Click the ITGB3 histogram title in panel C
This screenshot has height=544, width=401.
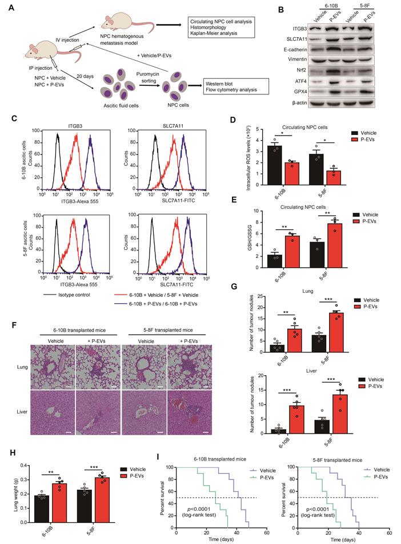point(71,126)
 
